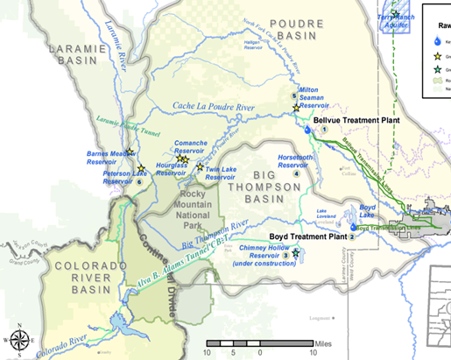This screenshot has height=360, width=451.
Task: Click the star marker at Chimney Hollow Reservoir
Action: (295, 253)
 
